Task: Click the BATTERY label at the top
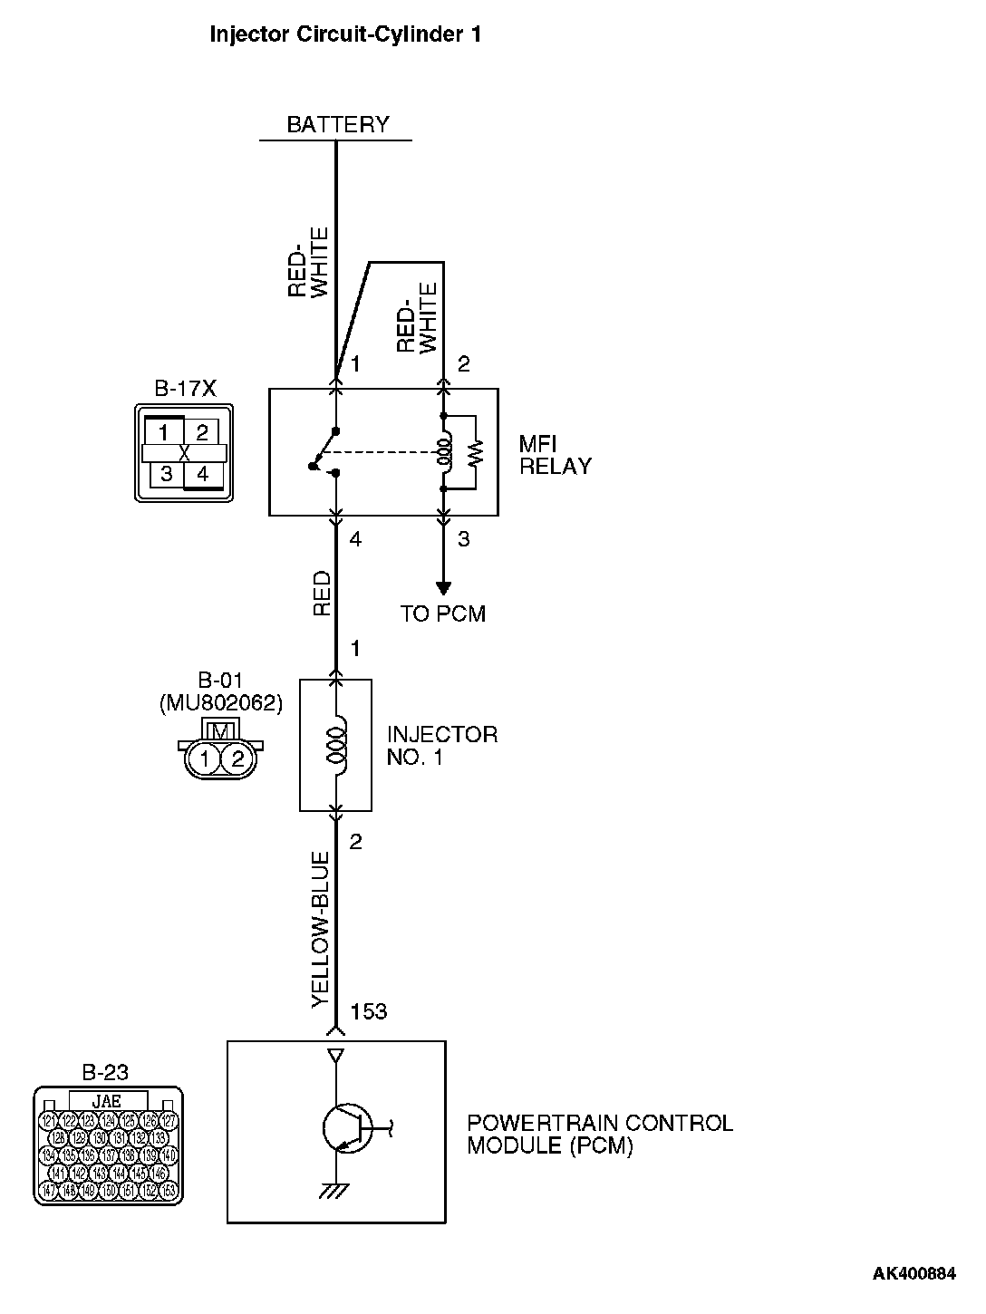point(337,124)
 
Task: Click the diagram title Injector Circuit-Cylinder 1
point(345,35)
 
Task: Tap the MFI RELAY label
point(555,455)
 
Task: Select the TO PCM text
point(443,614)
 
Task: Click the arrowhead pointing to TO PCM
point(443,588)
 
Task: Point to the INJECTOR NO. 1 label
point(441,746)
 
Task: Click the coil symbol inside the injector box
point(338,745)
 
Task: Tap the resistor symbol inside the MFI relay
point(475,451)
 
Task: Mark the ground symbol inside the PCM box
point(335,1190)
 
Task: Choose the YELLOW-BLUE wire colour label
point(320,930)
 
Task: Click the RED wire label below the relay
point(322,594)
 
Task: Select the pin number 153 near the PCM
point(368,1011)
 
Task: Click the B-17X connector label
point(185,390)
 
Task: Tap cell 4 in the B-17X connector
point(202,474)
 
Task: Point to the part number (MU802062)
point(220,701)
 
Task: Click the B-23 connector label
point(105,1073)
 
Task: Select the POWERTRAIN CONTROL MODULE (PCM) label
point(599,1134)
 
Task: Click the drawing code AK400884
point(913,1274)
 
